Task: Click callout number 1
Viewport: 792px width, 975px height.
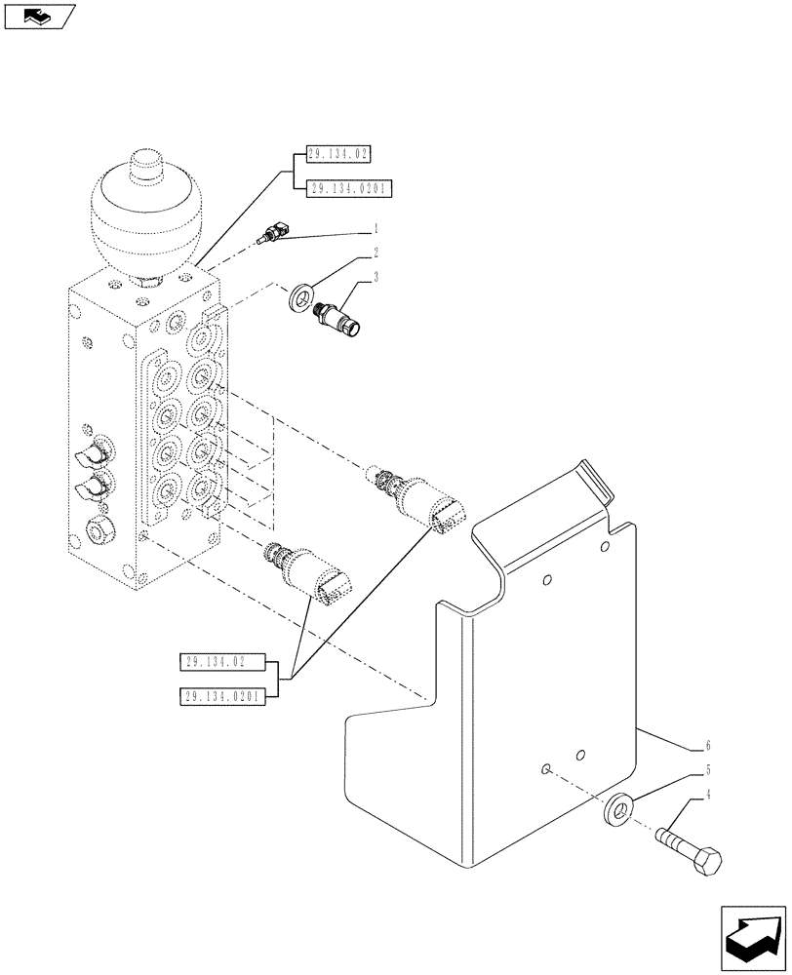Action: (374, 230)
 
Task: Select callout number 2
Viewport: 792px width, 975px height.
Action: (374, 253)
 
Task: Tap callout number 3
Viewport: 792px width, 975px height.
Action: (374, 278)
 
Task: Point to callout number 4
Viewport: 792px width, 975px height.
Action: (705, 796)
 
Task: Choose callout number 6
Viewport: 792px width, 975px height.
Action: (705, 748)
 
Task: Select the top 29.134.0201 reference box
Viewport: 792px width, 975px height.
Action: (348, 189)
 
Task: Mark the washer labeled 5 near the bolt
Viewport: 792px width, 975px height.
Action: (616, 808)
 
